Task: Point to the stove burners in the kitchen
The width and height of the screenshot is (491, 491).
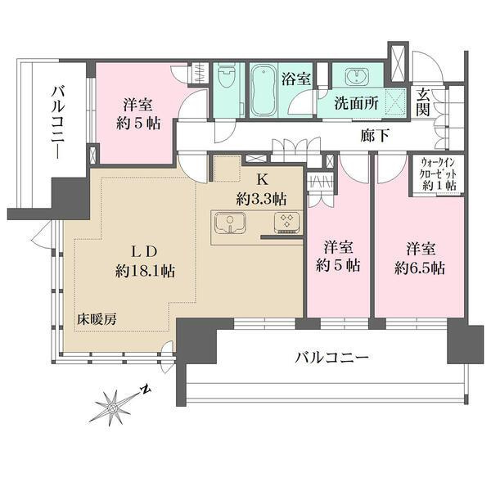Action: point(289,222)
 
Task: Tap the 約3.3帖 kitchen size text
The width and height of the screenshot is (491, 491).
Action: point(262,197)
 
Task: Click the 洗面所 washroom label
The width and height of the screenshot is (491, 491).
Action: point(354,105)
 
